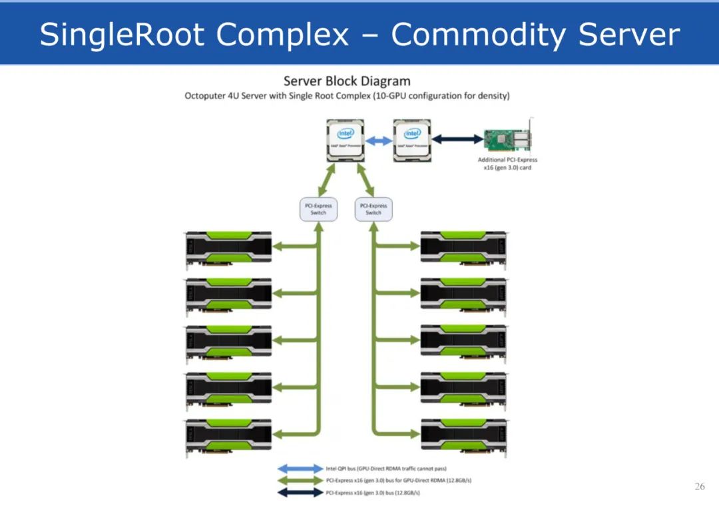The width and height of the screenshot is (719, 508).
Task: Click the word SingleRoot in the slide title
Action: (124, 35)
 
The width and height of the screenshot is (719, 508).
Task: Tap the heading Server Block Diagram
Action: (347, 81)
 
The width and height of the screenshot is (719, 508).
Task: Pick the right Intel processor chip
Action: (411, 140)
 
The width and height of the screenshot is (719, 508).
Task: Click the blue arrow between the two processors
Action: (379, 141)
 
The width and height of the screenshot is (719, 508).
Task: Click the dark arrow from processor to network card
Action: (457, 139)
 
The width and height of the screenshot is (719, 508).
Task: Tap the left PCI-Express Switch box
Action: (318, 209)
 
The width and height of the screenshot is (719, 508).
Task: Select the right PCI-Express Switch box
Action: (373, 209)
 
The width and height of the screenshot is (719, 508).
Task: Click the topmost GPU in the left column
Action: (228, 250)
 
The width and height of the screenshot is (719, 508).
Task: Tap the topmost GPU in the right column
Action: (463, 250)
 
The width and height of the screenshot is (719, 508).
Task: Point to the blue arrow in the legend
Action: (300, 469)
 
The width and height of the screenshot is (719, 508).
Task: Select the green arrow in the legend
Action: (300, 481)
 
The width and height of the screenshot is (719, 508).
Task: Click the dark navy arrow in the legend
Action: (300, 493)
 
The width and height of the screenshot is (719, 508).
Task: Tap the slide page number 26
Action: (699, 487)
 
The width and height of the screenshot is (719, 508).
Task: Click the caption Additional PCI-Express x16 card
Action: (507, 164)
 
